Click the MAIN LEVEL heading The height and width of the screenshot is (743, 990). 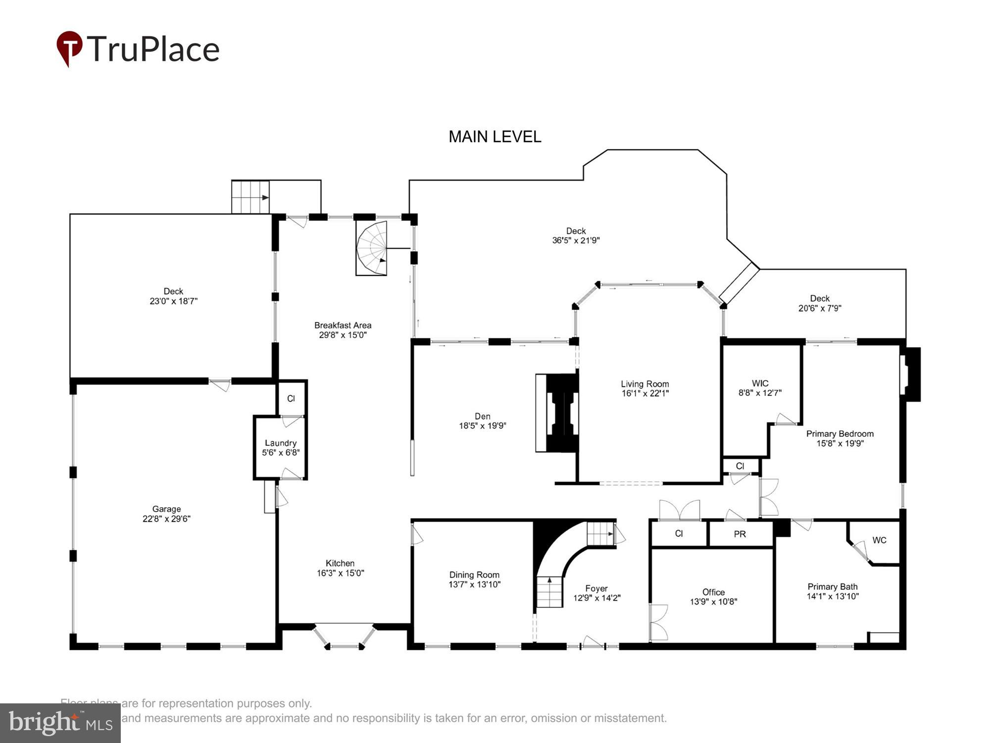coord(495,137)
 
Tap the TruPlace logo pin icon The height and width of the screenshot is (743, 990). coord(69,48)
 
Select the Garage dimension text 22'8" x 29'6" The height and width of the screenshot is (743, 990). coord(166,519)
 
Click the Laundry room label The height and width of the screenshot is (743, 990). coord(281,443)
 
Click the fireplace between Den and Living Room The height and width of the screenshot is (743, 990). coord(559,413)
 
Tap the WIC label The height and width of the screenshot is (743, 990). coord(760,383)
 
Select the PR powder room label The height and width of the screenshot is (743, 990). coord(740,534)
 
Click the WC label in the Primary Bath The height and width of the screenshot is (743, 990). coord(879,540)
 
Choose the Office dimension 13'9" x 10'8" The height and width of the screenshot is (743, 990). coord(713,602)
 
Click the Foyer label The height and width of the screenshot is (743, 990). coord(596,588)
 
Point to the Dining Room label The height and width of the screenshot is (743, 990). coord(474,575)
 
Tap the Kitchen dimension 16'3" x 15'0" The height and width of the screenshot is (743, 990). coord(340,573)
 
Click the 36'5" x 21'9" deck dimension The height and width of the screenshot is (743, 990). coord(576,240)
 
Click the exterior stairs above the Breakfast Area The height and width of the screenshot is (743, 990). coord(250,197)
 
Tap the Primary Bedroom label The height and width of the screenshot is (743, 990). coord(840,434)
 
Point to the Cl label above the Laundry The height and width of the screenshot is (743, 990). coord(291,398)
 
